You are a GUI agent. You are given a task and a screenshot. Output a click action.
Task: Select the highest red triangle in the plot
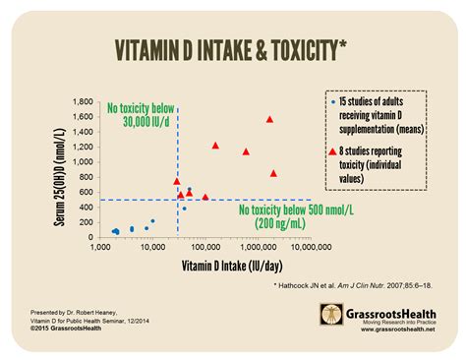point(269,119)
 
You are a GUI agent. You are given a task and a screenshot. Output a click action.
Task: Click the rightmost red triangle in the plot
point(273,173)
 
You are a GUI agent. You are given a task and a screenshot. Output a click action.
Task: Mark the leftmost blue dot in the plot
point(114,231)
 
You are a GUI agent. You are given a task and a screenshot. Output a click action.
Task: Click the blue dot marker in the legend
point(333,101)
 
